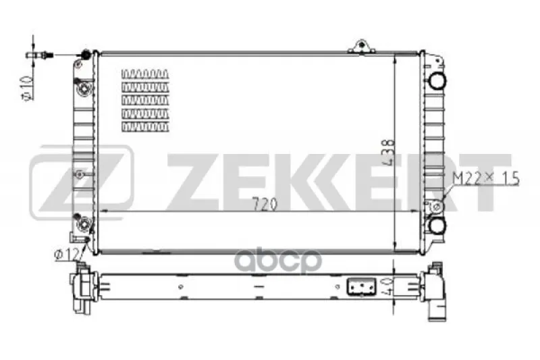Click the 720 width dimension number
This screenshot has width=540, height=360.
click(265, 204)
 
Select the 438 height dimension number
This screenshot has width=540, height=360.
click(387, 152)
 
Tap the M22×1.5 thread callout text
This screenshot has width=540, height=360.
click(485, 178)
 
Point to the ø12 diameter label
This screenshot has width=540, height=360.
click(66, 255)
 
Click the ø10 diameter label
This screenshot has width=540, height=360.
click(28, 88)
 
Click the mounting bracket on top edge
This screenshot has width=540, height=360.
click(361, 47)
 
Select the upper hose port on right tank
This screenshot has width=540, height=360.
click(437, 81)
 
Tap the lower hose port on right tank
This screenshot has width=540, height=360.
click(437, 226)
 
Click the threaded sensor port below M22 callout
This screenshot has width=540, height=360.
click(436, 207)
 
